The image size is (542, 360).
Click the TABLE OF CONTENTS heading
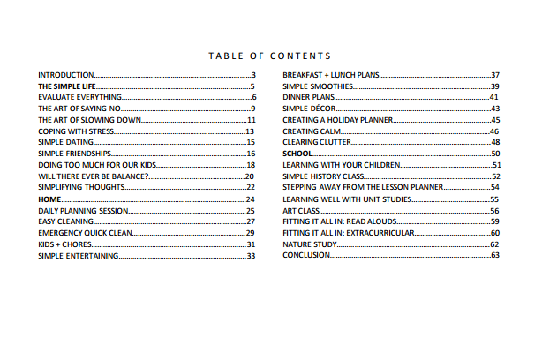pyautogui.click(x=270, y=56)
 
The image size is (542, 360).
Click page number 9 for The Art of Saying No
pyautogui.click(x=252, y=109)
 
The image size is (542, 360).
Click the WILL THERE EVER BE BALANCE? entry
pyautogui.click(x=93, y=176)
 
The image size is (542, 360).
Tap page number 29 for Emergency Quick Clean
pyautogui.click(x=251, y=233)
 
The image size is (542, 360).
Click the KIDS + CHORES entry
pyautogui.click(x=65, y=244)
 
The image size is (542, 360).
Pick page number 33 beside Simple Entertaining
pyautogui.click(x=251, y=256)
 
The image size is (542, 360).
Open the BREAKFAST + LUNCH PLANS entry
pyautogui.click(x=331, y=76)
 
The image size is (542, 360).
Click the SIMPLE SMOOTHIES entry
pyautogui.click(x=318, y=86)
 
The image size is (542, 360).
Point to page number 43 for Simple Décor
pyautogui.click(x=495, y=109)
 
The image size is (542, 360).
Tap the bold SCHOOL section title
pyautogui.click(x=297, y=154)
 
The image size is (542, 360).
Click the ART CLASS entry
pyautogui.click(x=301, y=211)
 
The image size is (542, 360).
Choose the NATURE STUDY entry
pyautogui.click(x=308, y=244)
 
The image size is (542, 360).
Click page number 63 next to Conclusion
pyautogui.click(x=495, y=256)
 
